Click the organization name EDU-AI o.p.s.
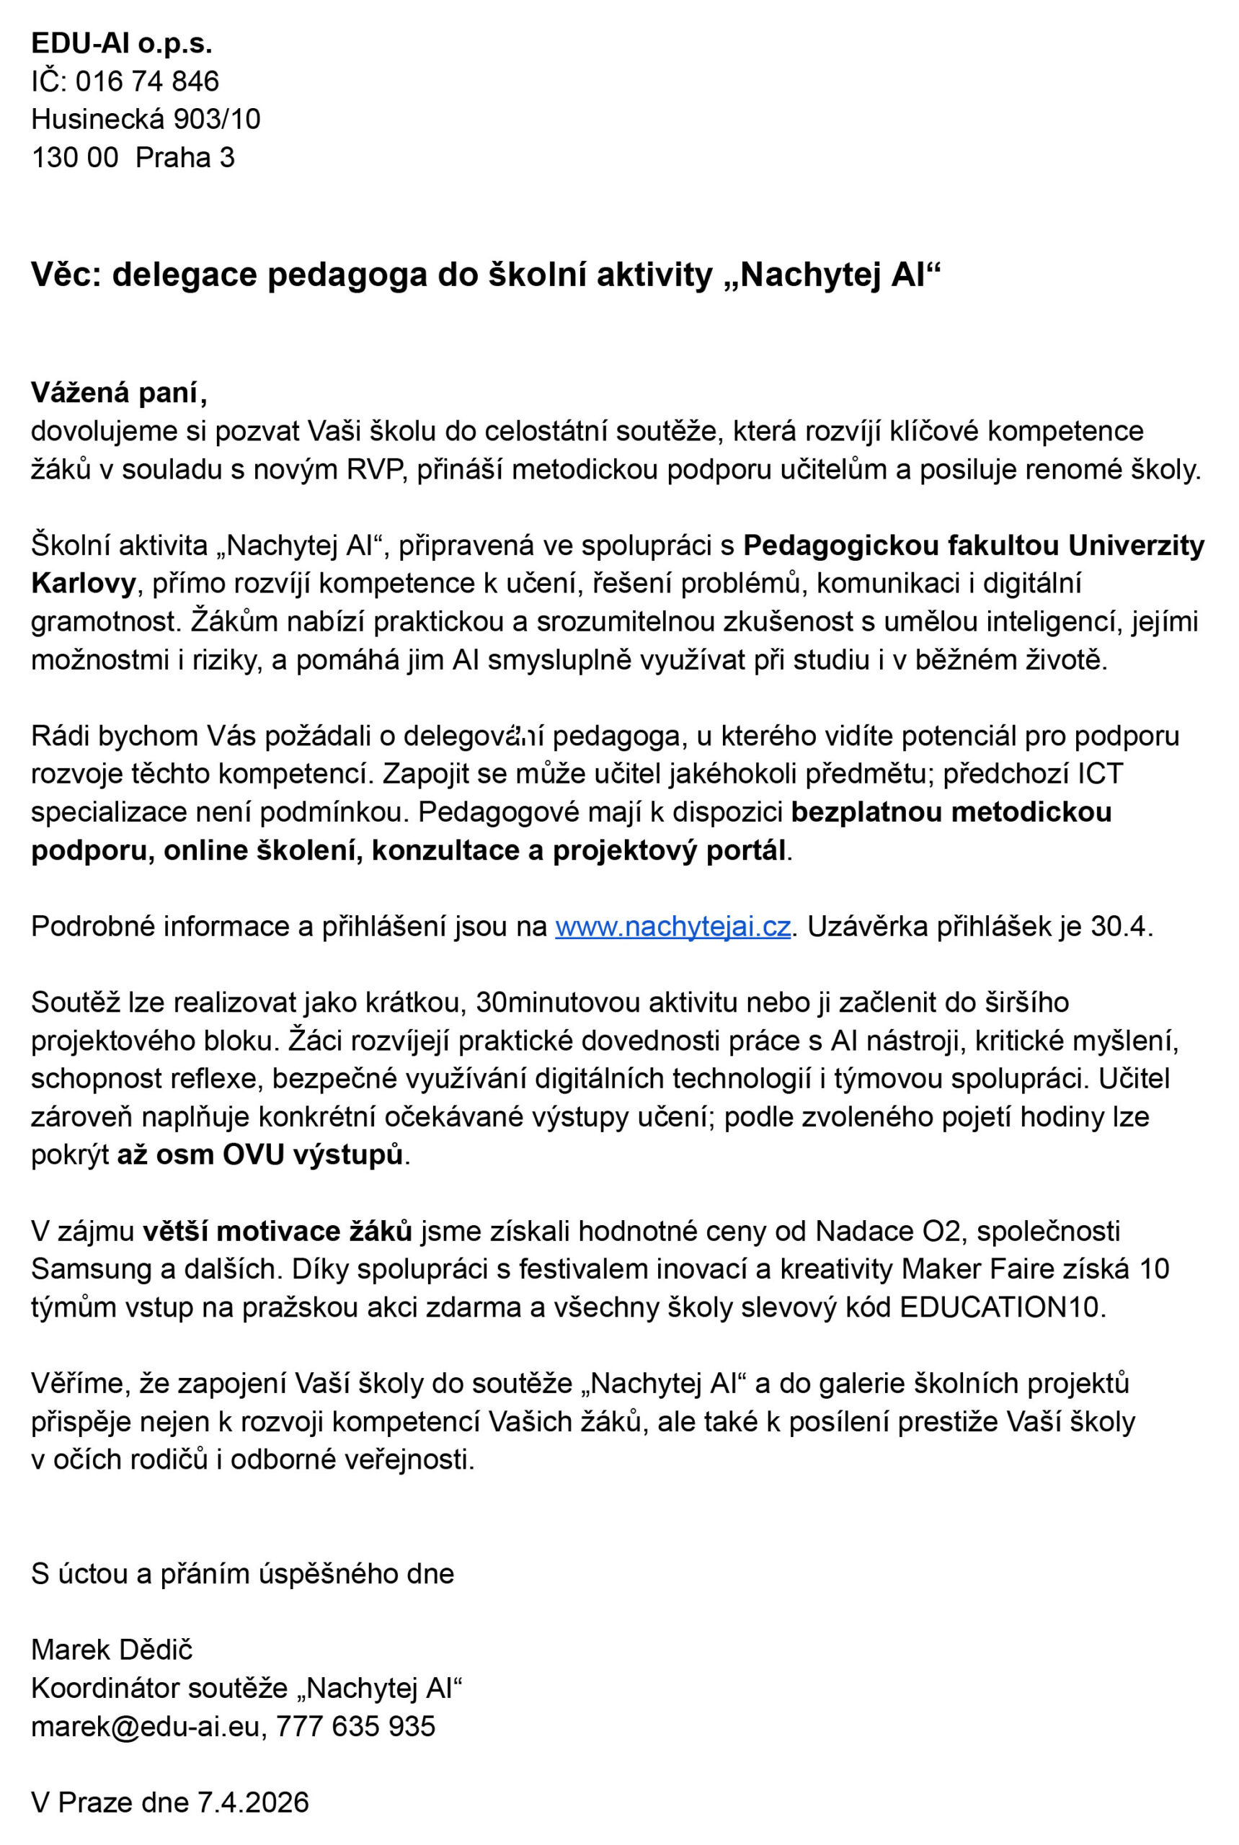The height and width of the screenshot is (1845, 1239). click(x=122, y=43)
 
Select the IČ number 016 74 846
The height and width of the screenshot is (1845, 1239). click(x=147, y=81)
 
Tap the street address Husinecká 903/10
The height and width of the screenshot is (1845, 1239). click(x=146, y=120)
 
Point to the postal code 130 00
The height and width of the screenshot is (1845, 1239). click(x=74, y=158)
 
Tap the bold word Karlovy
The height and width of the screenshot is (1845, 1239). click(x=84, y=584)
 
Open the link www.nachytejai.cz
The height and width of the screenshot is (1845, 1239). click(x=672, y=926)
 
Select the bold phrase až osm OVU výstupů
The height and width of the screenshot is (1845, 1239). click(x=260, y=1155)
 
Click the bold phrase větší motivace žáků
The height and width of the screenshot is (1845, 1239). click(x=278, y=1231)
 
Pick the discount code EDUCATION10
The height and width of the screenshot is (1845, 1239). click(x=999, y=1307)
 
